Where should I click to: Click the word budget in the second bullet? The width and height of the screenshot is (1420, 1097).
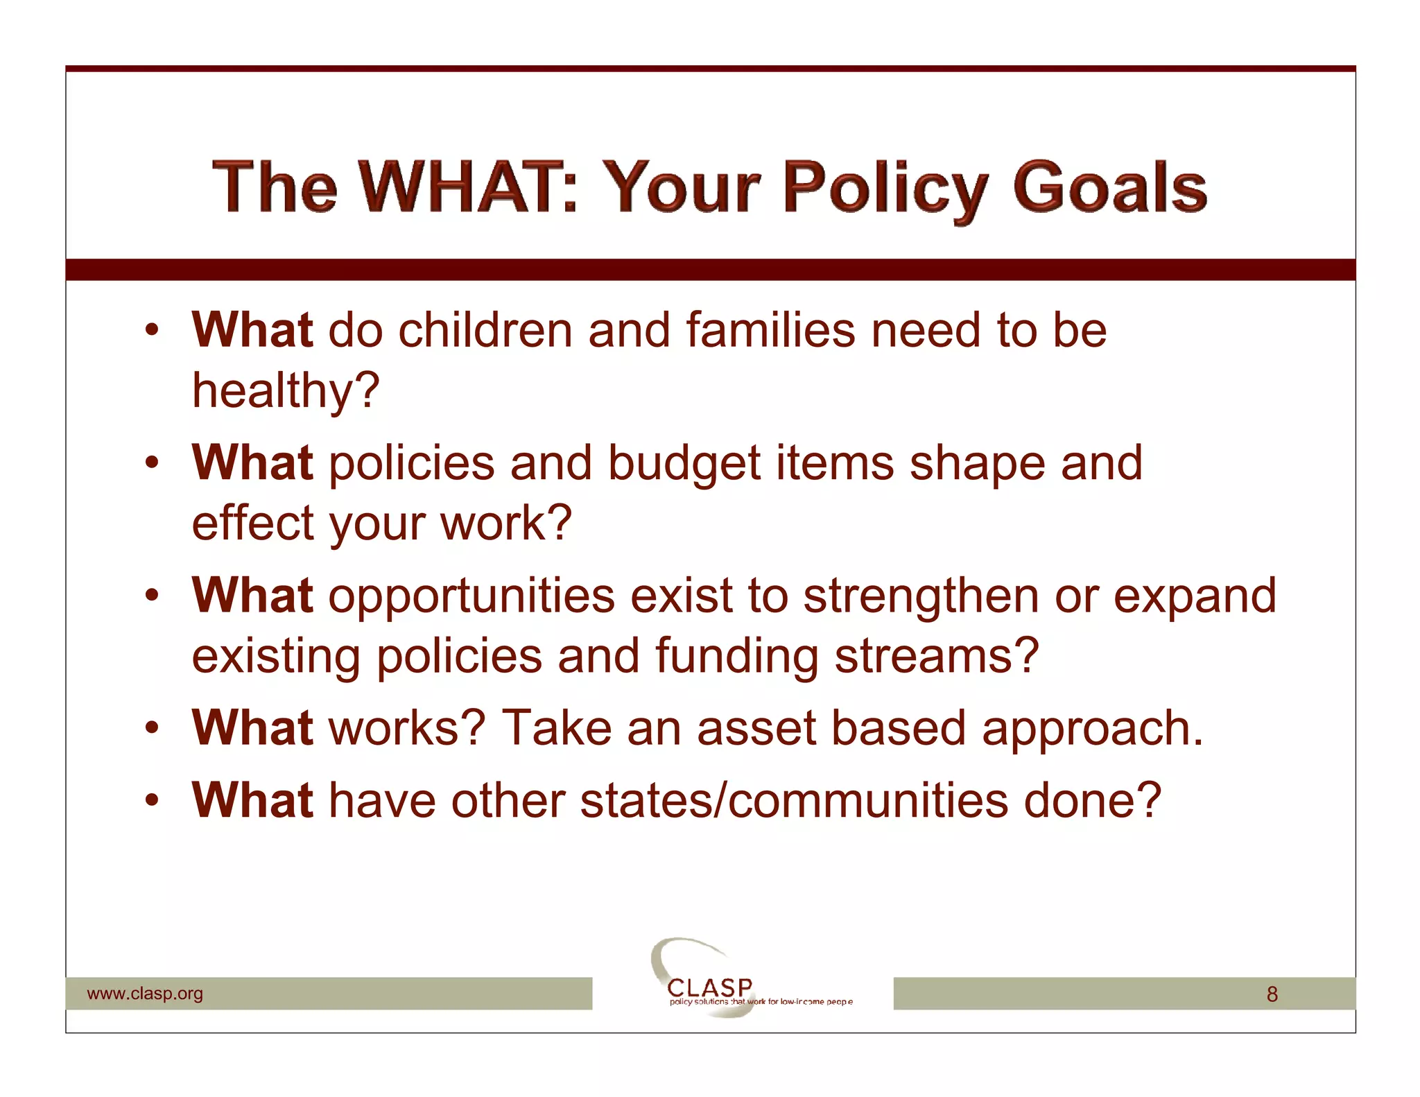(684, 463)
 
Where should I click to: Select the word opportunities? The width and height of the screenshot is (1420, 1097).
(471, 596)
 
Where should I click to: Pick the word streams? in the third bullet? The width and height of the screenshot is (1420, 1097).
(936, 656)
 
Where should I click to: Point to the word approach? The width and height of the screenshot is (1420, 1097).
(1092, 729)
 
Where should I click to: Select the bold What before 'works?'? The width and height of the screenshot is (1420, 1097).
(252, 728)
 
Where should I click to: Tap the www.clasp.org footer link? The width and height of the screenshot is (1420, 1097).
(145, 993)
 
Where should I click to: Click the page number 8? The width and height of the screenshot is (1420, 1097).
(1272, 994)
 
